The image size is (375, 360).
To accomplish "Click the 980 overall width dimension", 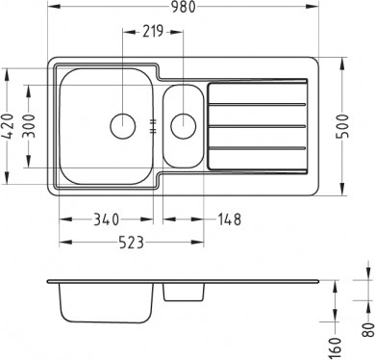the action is [x=183, y=7].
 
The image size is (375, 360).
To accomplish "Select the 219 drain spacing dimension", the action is [x=153, y=32].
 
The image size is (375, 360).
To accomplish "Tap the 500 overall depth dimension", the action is [x=343, y=126].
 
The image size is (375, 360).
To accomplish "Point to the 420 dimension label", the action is [x=8, y=126].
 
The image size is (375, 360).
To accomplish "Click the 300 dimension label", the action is [x=29, y=126].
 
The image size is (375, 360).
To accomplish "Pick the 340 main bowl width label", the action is [x=106, y=219].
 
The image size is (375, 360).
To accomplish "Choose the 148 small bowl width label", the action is [x=229, y=219].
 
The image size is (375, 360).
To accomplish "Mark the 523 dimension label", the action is [x=132, y=243].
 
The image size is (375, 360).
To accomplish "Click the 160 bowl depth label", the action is [x=335, y=347].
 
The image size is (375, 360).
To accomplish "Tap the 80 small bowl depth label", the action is [x=368, y=330].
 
